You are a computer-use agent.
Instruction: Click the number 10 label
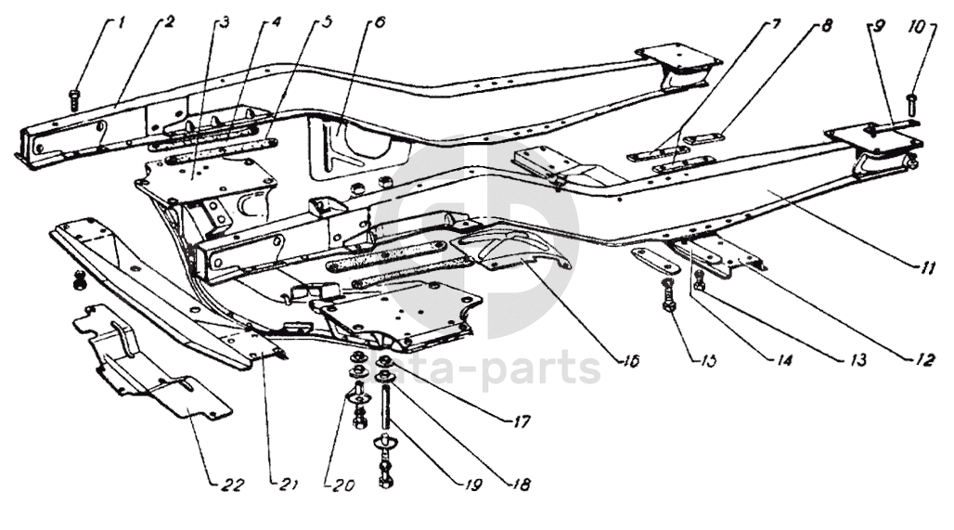916,28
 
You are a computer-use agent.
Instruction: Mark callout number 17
521,422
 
